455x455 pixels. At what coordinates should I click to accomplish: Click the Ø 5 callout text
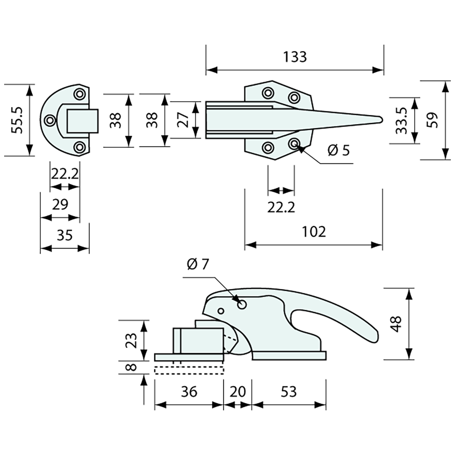pyautogui.click(x=338, y=150)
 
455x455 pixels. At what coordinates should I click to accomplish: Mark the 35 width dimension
pyautogui.click(x=65, y=235)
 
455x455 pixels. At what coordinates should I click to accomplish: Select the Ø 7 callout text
pyautogui.click(x=198, y=265)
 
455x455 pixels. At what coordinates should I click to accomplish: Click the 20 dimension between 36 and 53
pyautogui.click(x=237, y=391)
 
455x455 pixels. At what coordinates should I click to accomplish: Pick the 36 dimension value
pyautogui.click(x=189, y=391)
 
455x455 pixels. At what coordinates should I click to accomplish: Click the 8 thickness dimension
pyautogui.click(x=132, y=367)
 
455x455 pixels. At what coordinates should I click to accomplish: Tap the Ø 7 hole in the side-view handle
pyautogui.click(x=242, y=304)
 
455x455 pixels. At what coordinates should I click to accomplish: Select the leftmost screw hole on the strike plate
pyautogui.click(x=51, y=120)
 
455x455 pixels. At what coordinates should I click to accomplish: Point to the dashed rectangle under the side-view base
pyautogui.click(x=189, y=370)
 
